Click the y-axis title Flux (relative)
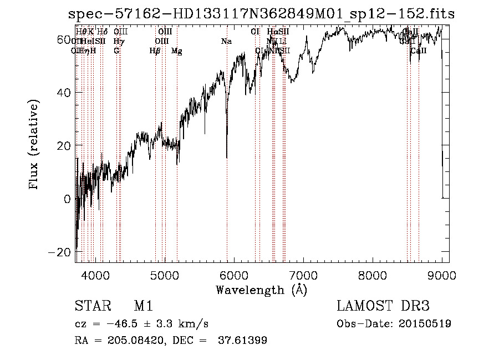(x=34, y=145)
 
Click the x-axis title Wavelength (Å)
(x=261, y=290)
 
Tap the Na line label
(x=226, y=41)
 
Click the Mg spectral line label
(x=177, y=51)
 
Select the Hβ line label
(x=155, y=51)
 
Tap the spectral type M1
(x=143, y=307)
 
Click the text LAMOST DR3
(x=383, y=307)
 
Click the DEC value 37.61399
(x=243, y=341)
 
